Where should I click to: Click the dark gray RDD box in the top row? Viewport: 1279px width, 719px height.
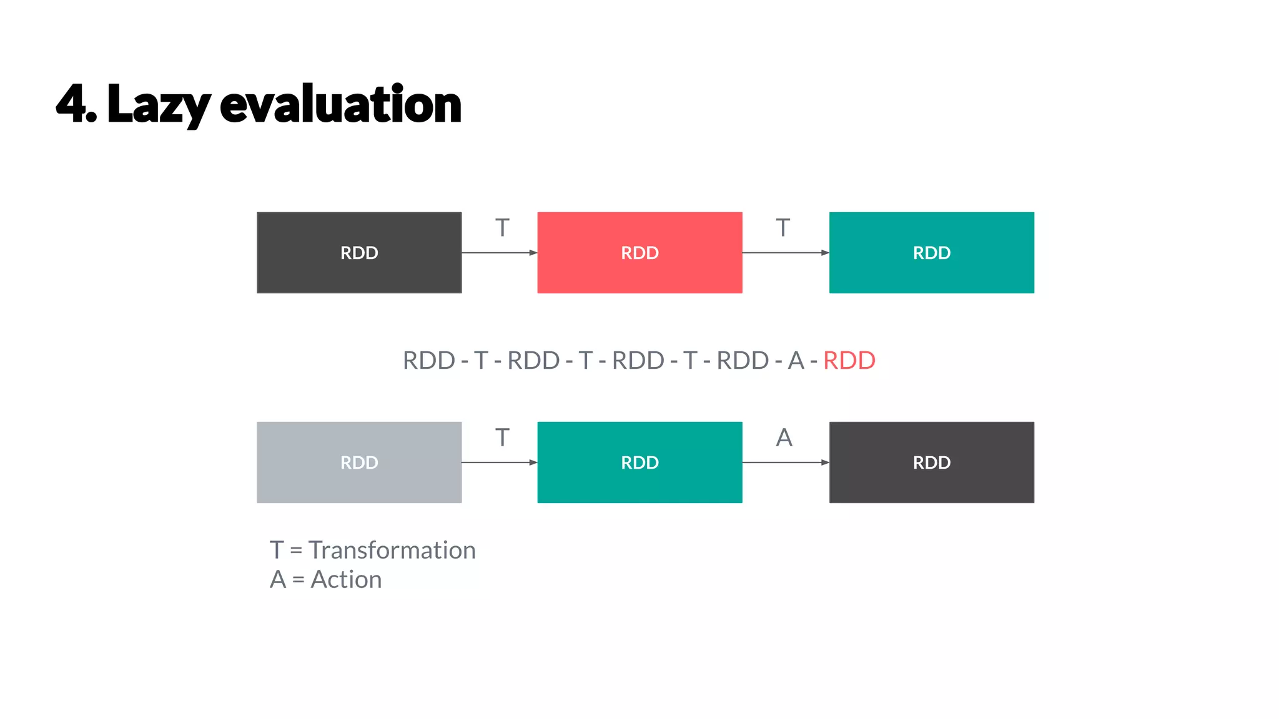(359, 253)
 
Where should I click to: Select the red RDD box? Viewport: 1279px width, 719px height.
(639, 253)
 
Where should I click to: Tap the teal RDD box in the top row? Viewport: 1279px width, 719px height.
(931, 253)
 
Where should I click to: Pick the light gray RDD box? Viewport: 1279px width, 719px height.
(359, 462)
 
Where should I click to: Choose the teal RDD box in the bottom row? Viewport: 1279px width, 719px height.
(639, 462)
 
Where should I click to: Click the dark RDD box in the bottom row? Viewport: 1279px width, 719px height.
(931, 462)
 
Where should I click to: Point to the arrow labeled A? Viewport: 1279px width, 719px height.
(786, 462)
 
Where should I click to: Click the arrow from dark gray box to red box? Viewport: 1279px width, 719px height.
(500, 253)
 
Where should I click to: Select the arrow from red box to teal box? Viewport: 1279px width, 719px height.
(786, 253)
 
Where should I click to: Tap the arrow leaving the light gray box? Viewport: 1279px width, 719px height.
(500, 462)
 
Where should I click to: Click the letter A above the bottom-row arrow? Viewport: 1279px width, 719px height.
(784, 438)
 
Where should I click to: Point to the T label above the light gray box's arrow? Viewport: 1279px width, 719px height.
(502, 438)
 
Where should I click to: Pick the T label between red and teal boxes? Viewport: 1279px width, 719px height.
(783, 228)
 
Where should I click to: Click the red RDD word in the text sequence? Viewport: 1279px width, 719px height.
(849, 361)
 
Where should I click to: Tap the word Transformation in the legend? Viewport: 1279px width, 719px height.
(392, 550)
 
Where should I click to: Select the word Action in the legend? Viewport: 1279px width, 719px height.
(346, 580)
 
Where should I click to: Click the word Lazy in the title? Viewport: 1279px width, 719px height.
(159, 105)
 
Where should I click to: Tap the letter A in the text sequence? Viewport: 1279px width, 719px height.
(796, 361)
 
